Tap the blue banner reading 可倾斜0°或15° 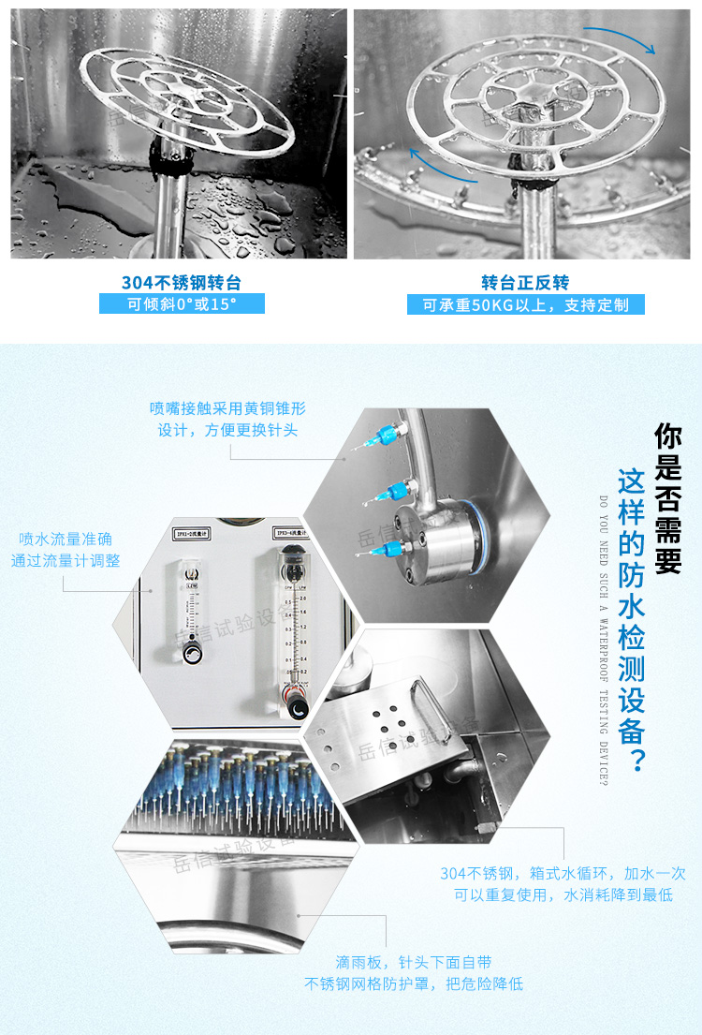[182, 303]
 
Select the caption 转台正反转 [525, 282]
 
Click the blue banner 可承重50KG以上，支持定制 [525, 304]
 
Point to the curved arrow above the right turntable [621, 39]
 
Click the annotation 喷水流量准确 [66, 550]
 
